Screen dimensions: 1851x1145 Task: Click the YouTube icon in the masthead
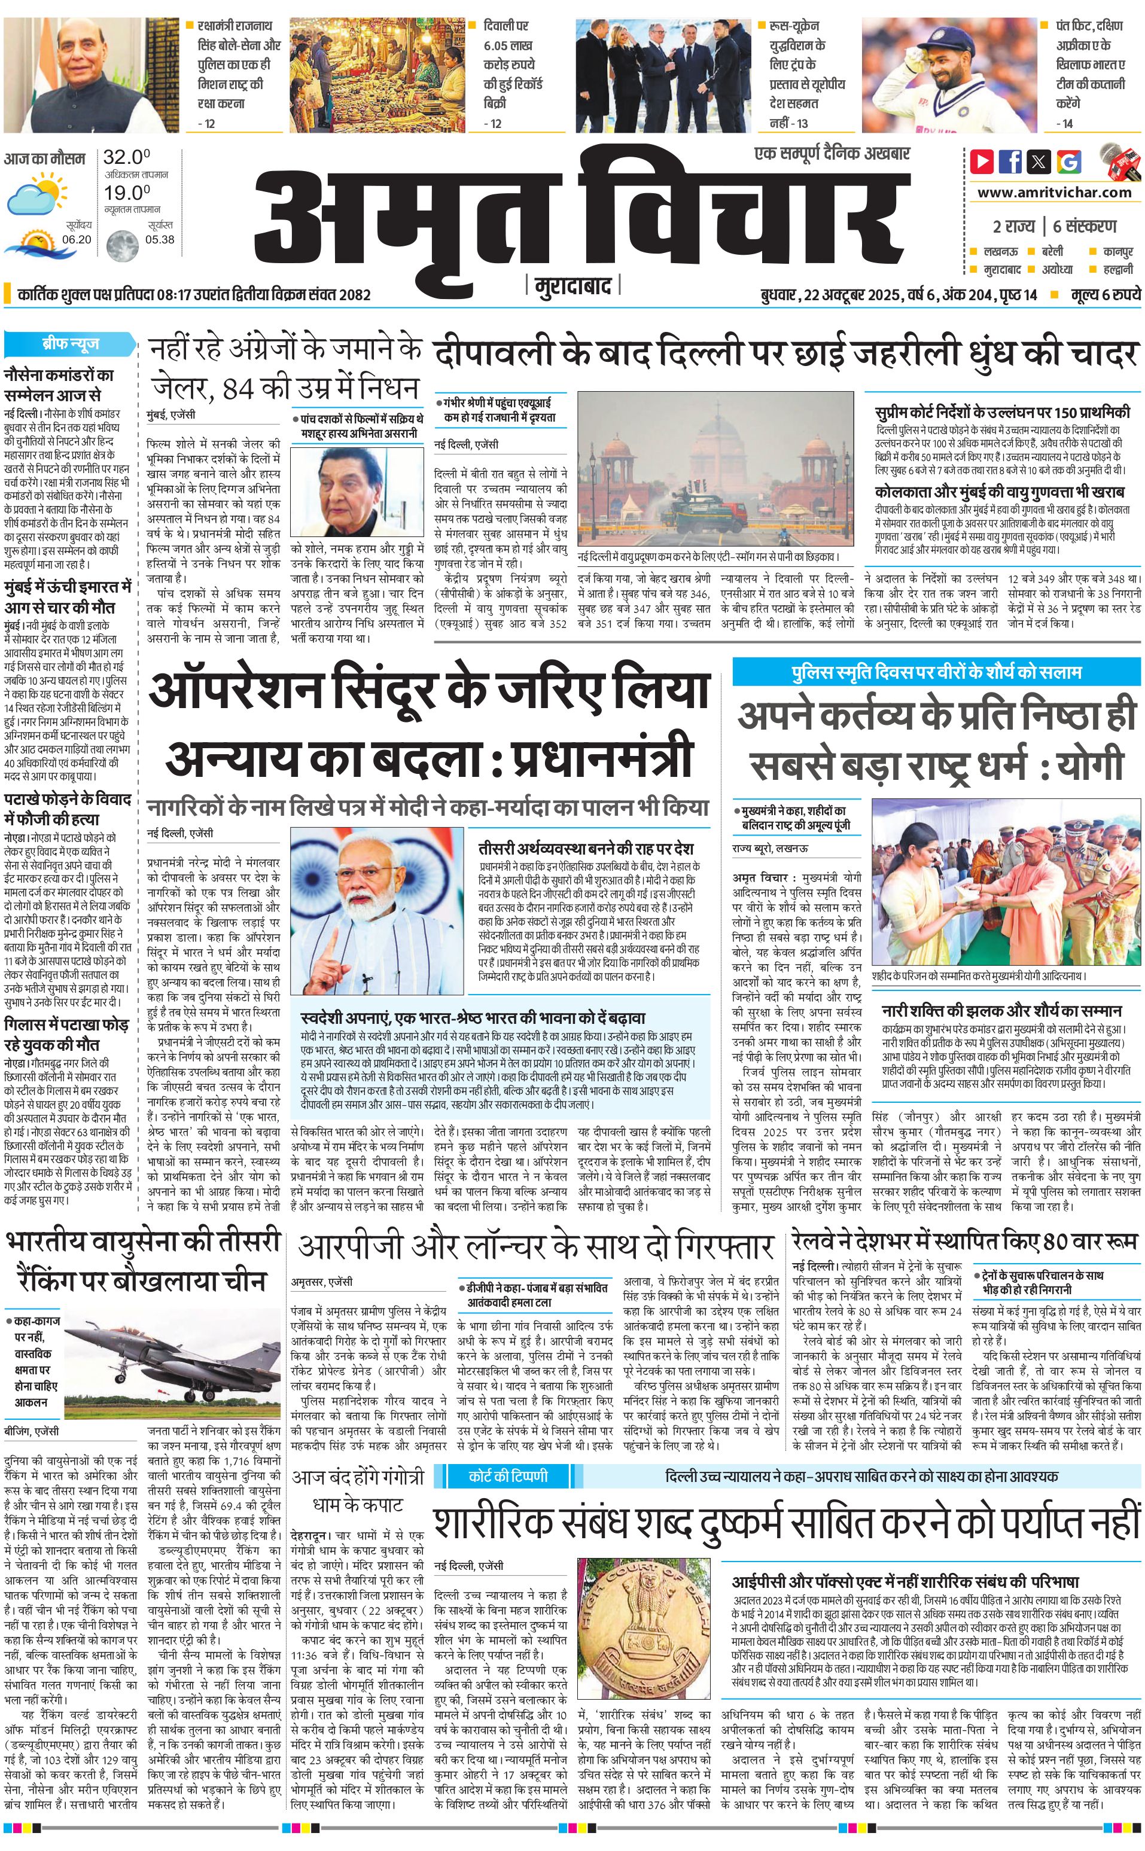pyautogui.click(x=982, y=160)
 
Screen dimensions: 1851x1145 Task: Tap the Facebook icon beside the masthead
pyautogui.click(x=1010, y=160)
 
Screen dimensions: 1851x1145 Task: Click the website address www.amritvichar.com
pyautogui.click(x=1053, y=193)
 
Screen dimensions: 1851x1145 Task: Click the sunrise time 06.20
pyautogui.click(x=77, y=239)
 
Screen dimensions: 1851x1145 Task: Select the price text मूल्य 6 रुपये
pyautogui.click(x=1105, y=294)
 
